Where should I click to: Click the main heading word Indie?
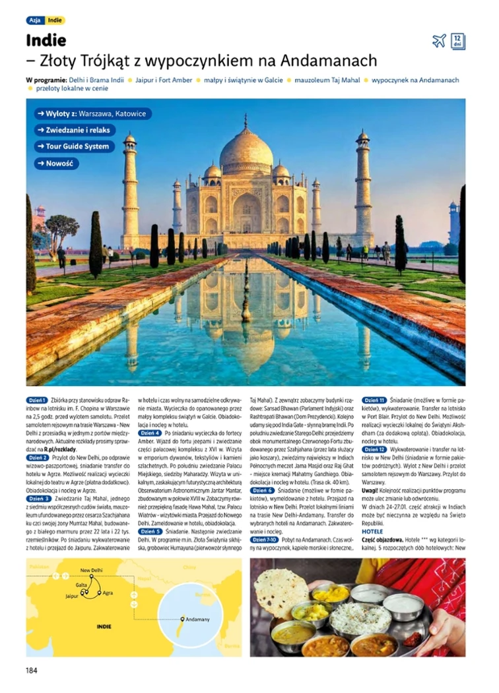tap(46, 41)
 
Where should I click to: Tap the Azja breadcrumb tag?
tap(35, 20)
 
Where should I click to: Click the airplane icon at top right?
tap(439, 41)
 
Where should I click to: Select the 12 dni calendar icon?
tap(458, 41)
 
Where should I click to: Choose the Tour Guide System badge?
tap(75, 146)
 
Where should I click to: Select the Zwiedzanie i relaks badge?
tap(75, 131)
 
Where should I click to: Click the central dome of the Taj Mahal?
tap(246, 150)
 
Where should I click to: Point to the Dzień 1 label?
tap(37, 400)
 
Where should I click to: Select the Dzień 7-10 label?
tap(264, 539)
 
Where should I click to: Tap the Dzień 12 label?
tap(374, 449)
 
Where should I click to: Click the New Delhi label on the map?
tap(91, 570)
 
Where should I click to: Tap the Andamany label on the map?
tap(198, 619)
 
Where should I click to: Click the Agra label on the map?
tap(110, 592)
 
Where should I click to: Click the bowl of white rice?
tap(351, 618)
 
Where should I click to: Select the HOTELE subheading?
tap(372, 531)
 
